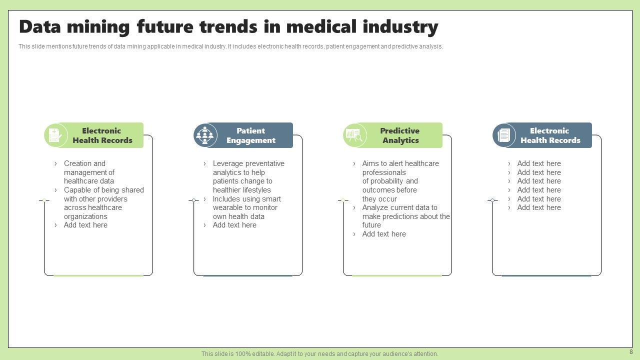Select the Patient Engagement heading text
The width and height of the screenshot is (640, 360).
pos(250,135)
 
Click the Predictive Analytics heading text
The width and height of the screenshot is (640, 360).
pos(400,135)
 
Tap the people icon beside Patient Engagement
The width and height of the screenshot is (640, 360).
pos(204,135)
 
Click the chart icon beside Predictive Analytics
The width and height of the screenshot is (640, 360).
pos(354,135)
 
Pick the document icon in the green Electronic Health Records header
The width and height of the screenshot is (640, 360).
pos(55,135)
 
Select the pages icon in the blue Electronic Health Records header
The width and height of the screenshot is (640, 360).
pos(503,135)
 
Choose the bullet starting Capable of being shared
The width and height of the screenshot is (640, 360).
pos(103,203)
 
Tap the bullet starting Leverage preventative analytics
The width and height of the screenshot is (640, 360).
pos(248,176)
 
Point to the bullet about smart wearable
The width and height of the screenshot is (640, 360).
pos(246,207)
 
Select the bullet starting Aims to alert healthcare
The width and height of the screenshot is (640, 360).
pos(400,181)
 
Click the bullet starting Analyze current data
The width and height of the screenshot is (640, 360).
pos(405,216)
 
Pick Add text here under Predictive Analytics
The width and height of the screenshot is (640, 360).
pos(384,234)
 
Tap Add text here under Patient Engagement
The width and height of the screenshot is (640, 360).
pos(234,225)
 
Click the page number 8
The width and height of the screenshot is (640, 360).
pos(630,352)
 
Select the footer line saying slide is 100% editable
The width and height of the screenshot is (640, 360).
pos(319,354)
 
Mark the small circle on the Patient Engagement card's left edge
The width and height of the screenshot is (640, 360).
pos(194,200)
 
